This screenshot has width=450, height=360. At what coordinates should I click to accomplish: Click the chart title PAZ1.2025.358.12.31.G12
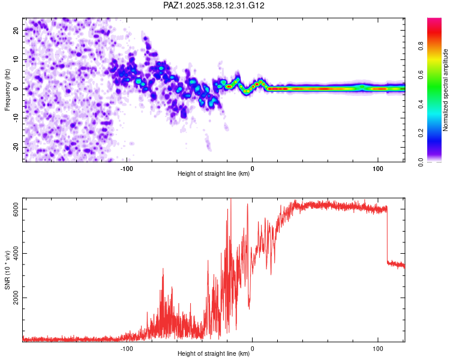click(214, 5)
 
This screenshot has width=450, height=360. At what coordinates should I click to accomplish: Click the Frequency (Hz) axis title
click(7, 89)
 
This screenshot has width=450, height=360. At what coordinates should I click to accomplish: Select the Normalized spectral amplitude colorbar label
click(446, 90)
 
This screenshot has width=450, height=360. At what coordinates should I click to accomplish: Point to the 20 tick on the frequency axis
click(16, 30)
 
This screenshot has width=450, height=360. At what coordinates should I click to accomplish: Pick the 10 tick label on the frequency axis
click(16, 59)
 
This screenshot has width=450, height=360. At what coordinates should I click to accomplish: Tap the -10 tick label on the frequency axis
click(14, 118)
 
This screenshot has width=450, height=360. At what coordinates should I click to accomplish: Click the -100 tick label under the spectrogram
click(127, 169)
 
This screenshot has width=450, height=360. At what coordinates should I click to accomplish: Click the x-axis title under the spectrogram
click(214, 174)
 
